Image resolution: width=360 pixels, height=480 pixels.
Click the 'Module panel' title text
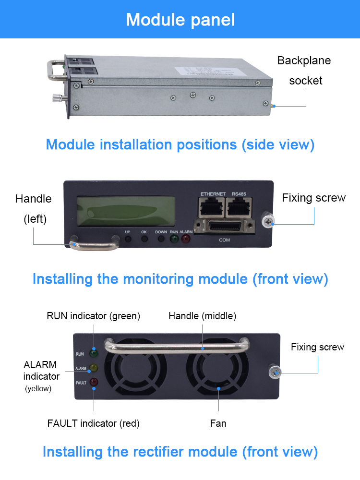pos(180,20)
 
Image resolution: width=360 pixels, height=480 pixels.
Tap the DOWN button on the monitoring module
pos(161,239)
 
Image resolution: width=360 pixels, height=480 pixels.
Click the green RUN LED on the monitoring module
pos(174,239)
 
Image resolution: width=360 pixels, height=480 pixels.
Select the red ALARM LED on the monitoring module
pos(185,239)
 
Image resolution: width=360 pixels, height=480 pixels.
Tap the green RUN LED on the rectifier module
pos(94,354)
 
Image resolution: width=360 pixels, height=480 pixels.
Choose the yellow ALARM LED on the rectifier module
pos(94,368)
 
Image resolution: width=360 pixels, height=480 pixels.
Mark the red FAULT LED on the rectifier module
pos(94,383)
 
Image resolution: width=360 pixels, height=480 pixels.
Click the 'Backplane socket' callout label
pos(304,71)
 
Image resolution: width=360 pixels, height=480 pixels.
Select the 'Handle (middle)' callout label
pos(202,316)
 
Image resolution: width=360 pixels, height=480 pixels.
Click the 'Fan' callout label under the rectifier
pos(218,423)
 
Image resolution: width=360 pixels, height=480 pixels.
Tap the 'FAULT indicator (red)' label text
pos(93,423)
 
